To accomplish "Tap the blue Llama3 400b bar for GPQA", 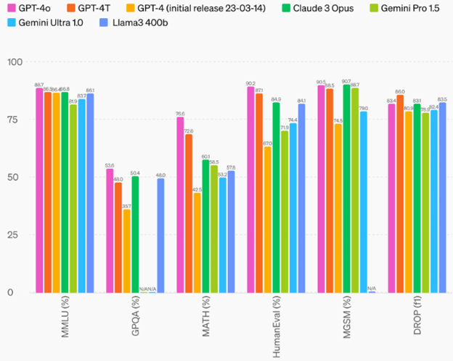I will [x=161, y=236].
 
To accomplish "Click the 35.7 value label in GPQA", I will [x=126, y=207].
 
